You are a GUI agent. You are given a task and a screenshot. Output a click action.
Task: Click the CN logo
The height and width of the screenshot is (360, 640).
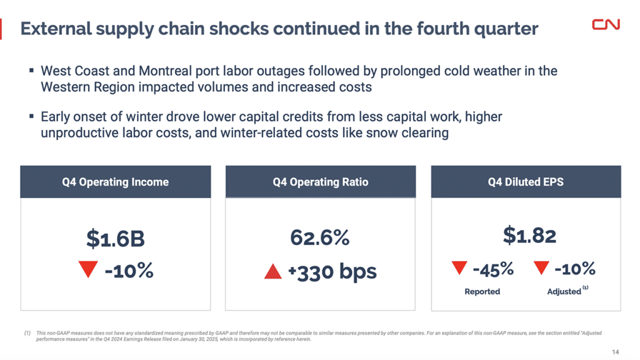coord(606,24)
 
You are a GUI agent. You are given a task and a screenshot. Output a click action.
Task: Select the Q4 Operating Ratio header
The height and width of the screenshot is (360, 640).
coord(320,182)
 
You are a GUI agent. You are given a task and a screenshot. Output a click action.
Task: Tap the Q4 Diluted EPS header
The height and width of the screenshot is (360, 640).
coord(526,182)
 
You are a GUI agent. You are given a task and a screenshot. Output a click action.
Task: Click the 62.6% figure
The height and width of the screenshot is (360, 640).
coord(320,238)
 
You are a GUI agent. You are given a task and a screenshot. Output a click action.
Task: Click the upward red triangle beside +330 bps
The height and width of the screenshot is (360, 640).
coord(273,272)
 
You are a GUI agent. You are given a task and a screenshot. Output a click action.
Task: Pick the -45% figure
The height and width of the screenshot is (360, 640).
coord(492,269)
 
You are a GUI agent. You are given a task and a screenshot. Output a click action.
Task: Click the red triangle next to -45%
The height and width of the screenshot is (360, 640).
coord(459,269)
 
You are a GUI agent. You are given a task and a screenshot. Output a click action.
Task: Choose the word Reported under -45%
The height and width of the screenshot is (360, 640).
coord(482,291)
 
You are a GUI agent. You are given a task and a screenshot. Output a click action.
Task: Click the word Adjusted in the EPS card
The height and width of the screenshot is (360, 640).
coord(564,291)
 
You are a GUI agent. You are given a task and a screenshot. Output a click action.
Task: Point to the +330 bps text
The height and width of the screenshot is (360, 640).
coord(332,272)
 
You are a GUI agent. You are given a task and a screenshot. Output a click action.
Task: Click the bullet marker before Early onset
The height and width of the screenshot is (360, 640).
coord(31,116)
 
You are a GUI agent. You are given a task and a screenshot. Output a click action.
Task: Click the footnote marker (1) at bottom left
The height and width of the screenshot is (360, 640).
coord(27,334)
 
